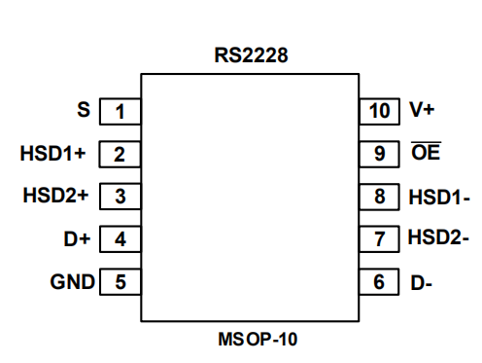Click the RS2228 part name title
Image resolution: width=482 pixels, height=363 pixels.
tap(251, 55)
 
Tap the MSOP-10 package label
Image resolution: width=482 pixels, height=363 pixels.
tap(258, 340)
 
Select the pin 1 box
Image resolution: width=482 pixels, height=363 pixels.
tap(120, 111)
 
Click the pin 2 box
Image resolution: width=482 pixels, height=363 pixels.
tap(120, 154)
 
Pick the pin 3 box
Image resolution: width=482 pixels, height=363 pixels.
tap(120, 197)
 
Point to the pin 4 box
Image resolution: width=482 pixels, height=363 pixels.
tap(120, 239)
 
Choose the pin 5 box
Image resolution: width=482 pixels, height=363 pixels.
tap(120, 281)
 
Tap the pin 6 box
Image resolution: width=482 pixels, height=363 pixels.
tap(379, 281)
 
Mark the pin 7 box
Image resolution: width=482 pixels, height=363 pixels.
tap(379, 239)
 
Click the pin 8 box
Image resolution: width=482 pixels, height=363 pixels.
tap(379, 197)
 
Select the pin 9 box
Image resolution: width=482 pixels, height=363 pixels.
tap(379, 154)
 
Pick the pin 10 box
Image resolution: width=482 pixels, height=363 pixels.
tap(380, 111)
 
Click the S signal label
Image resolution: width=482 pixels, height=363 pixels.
tap(84, 110)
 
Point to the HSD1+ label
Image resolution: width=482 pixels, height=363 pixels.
tap(52, 153)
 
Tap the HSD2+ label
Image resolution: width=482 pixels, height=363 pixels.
tap(55, 196)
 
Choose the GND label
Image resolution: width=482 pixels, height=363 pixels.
tap(73, 281)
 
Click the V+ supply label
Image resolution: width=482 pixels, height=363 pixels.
tap(422, 109)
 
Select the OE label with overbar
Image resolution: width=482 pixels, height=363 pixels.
tap(426, 151)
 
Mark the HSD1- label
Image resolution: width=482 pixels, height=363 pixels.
tap(439, 197)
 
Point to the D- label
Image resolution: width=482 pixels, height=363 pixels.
tap(421, 283)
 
